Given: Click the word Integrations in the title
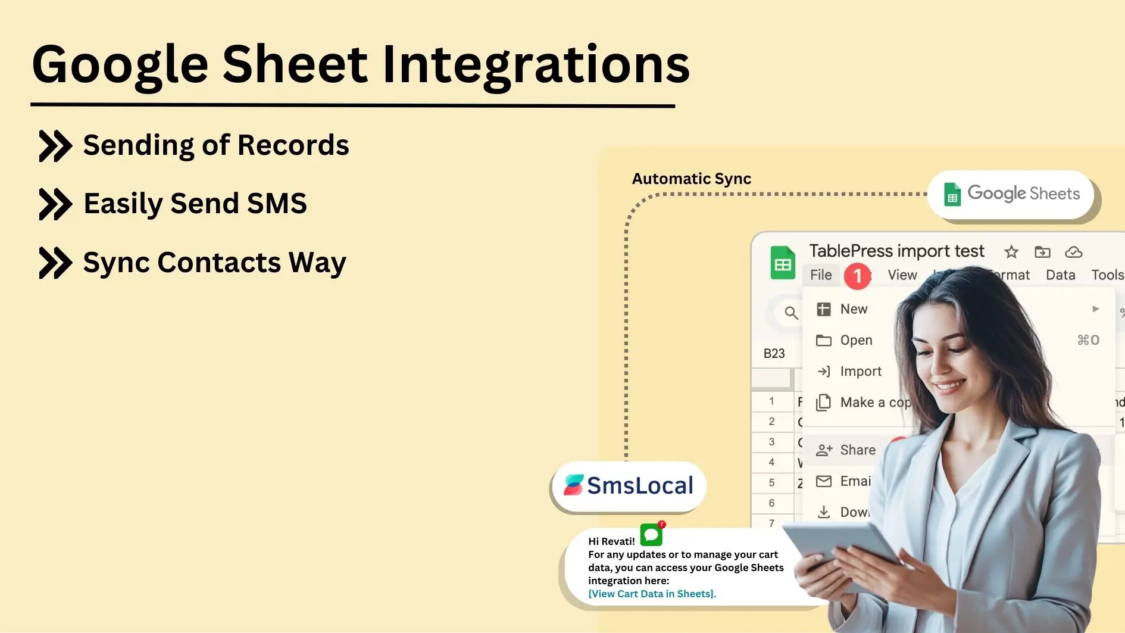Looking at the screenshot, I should point(535,64).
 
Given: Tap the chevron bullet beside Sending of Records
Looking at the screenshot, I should point(55,146).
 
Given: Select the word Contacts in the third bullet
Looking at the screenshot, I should point(219,263).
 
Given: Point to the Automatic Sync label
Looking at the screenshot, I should point(691,179).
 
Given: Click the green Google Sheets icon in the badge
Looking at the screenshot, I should point(952,194).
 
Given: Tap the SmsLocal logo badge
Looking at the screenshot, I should point(629,486).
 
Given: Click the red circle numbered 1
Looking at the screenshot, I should point(857,276).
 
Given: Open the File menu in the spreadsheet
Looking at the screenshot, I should point(821,275).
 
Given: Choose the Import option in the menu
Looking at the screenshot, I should point(860,372).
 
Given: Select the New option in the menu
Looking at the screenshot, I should point(854,309).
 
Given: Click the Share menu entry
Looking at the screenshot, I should point(857,450).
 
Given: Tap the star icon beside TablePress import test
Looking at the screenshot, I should point(1011,252).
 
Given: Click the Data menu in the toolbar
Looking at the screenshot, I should point(1060,275).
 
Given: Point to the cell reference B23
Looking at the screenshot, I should point(774,354).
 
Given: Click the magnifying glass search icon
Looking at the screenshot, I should point(790,313).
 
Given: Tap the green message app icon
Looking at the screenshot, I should point(651,535).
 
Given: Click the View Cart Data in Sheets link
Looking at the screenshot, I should point(652,594).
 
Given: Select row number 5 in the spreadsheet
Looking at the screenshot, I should point(771,483).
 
